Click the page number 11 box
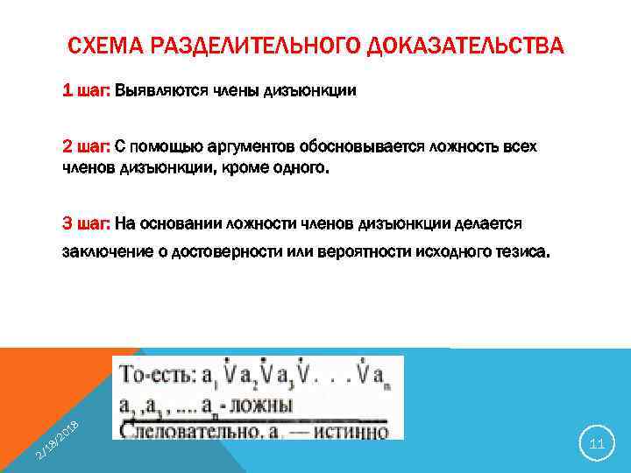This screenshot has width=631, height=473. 598,445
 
